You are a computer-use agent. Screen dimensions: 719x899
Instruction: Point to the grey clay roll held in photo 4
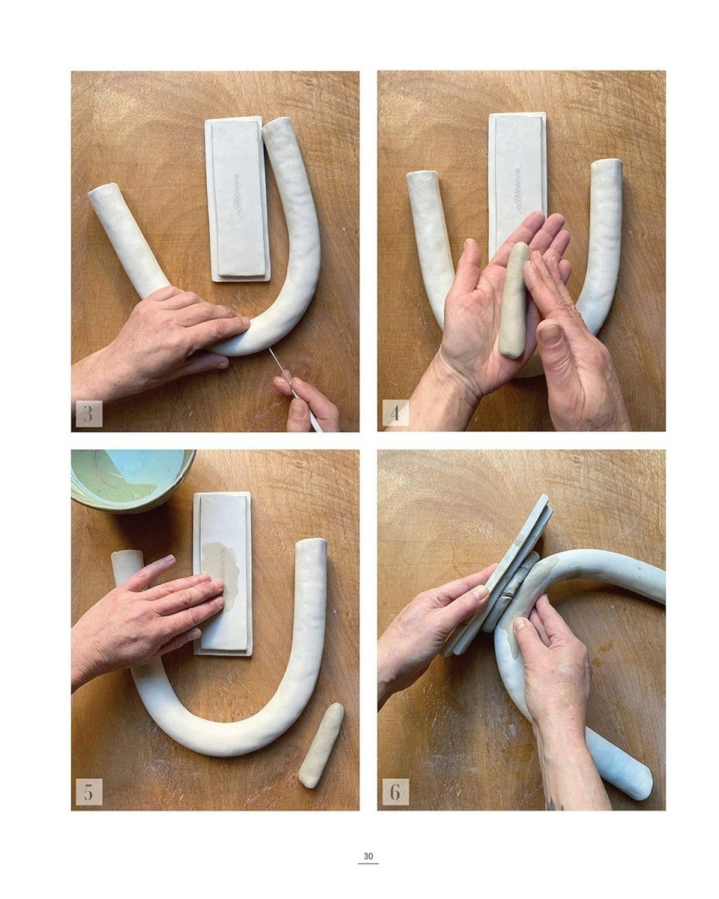[515, 299]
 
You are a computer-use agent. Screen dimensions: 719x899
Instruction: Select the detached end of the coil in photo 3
[129, 238]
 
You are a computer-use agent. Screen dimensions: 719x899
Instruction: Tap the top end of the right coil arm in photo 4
[606, 164]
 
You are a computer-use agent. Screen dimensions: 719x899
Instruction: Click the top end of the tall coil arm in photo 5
[312, 543]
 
